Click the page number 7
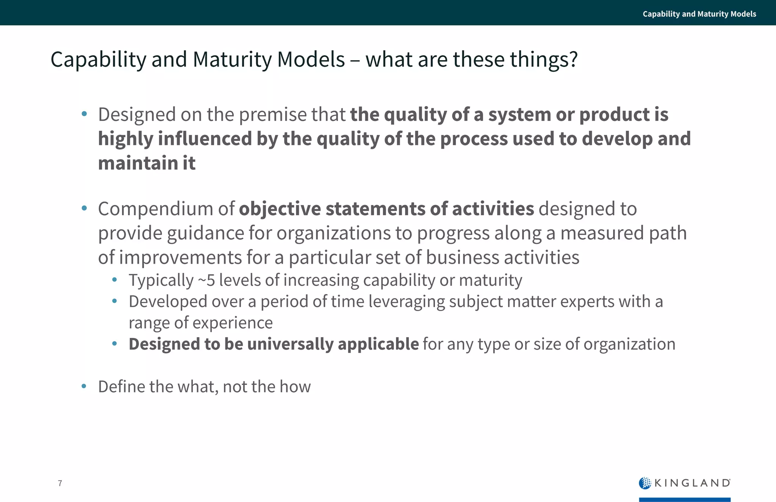pos(60,483)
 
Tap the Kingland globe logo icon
pos(645,483)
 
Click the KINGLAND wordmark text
pos(692,483)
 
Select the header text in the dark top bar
pos(699,14)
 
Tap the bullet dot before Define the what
pos(84,386)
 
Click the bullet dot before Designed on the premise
pos(84,114)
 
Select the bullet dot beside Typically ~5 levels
pos(114,280)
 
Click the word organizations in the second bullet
pos(333,233)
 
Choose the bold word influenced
pos(205,139)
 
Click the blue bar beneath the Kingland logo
pos(685,499)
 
